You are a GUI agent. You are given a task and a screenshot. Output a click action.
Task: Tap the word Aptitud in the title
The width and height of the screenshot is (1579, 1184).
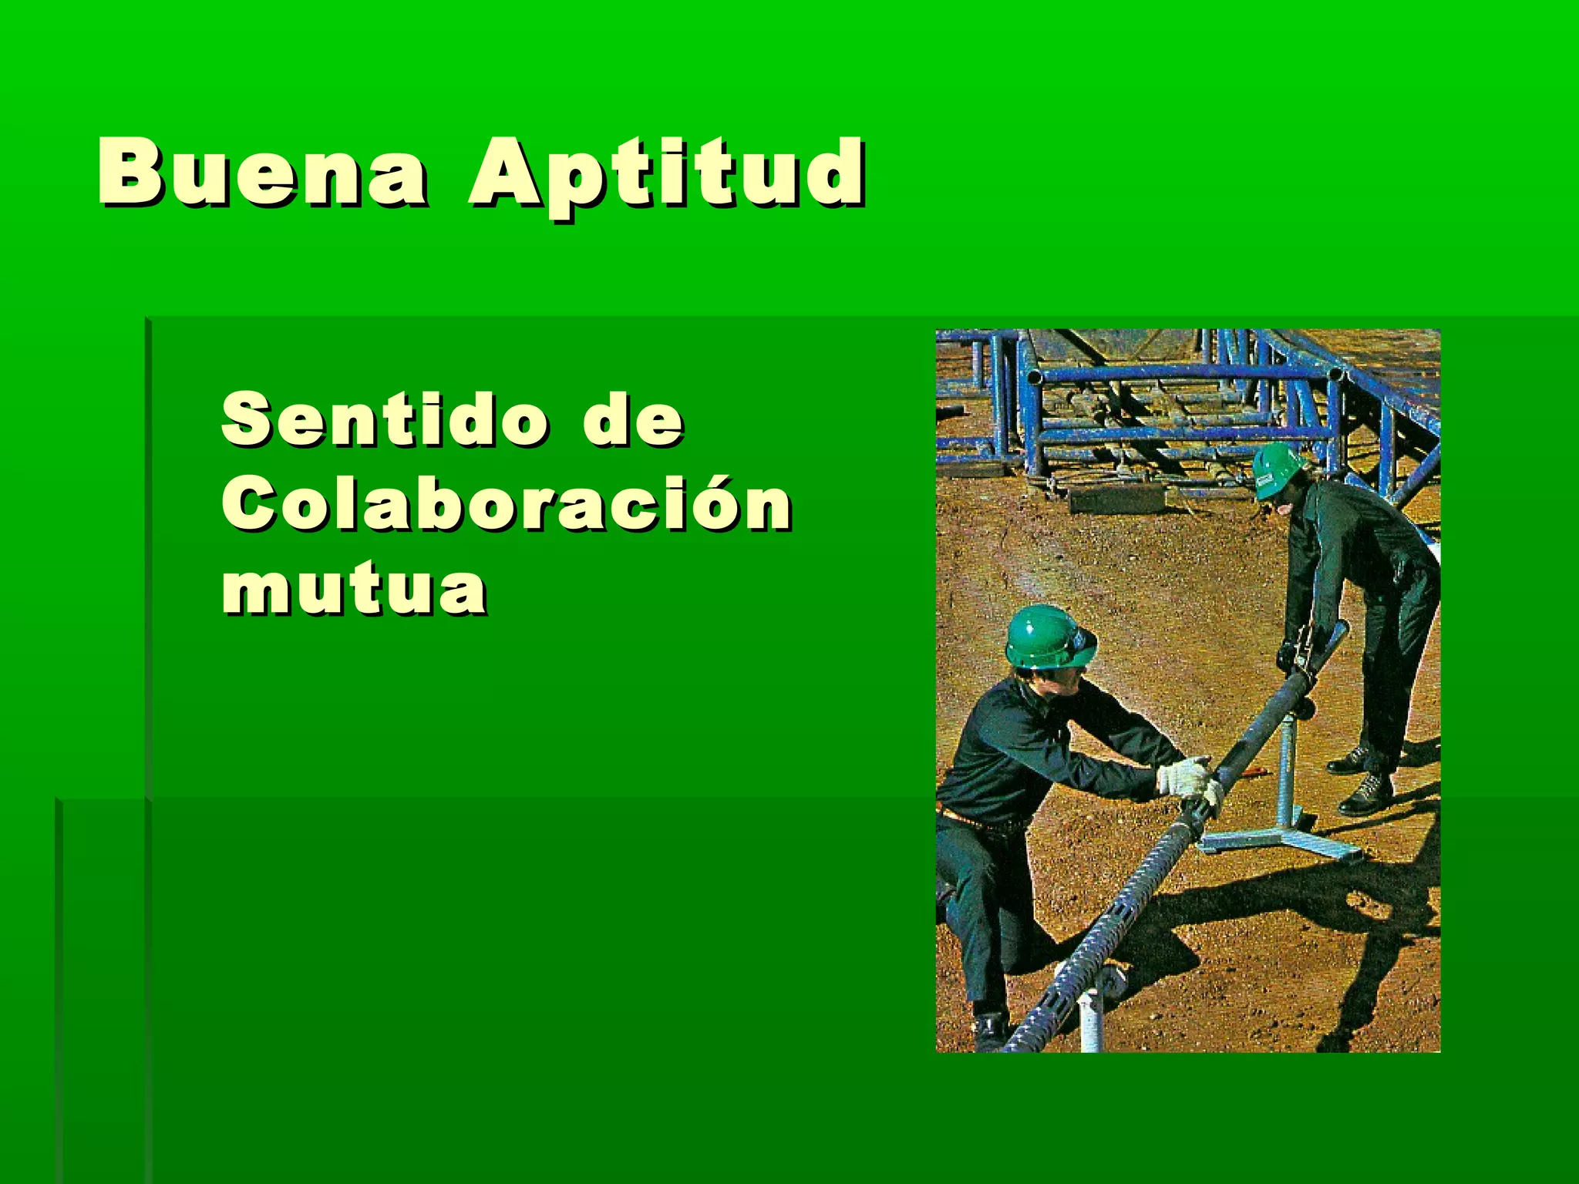click(x=666, y=176)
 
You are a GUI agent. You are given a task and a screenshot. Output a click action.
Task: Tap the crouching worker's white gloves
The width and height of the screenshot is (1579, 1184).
click(x=1188, y=779)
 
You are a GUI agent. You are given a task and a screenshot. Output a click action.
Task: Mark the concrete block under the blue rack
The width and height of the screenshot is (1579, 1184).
click(x=1117, y=500)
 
